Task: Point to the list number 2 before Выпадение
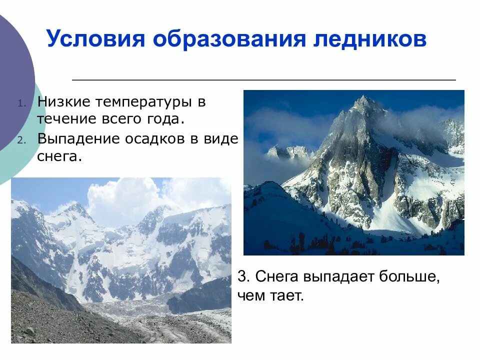click(21, 141)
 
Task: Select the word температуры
click(144, 102)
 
